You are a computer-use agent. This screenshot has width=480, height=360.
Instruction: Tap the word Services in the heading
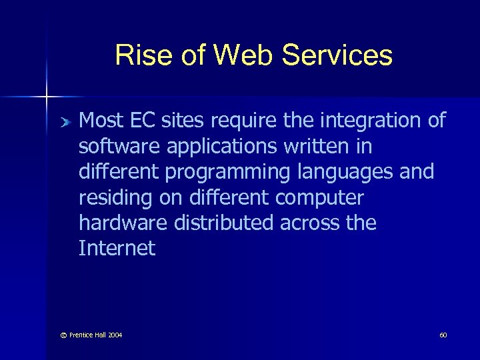point(337,55)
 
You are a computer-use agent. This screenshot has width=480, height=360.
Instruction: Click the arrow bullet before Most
point(65,122)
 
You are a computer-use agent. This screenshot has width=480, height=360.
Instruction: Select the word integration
point(371,121)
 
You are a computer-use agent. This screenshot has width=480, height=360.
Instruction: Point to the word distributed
point(222,223)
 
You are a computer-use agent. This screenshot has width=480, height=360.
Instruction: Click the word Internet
point(117,249)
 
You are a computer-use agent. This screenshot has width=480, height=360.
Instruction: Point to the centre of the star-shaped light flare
point(47,97)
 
